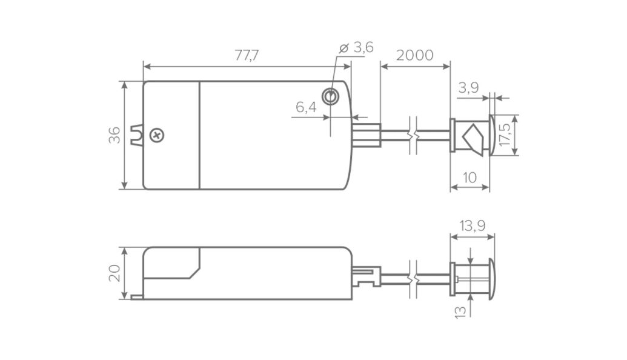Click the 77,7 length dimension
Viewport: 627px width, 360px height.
247,55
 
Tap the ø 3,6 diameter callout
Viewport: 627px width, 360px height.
356,48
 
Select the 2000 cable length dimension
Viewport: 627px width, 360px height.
414,55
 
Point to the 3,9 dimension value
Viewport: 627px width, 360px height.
468,88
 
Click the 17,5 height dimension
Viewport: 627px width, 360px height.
505,135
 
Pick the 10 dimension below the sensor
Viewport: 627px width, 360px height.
469,178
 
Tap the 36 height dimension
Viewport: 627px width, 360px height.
114,135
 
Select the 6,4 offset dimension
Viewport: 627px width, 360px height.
306,107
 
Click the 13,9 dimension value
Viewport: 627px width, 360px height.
473,226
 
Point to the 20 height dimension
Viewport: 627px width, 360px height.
114,273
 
